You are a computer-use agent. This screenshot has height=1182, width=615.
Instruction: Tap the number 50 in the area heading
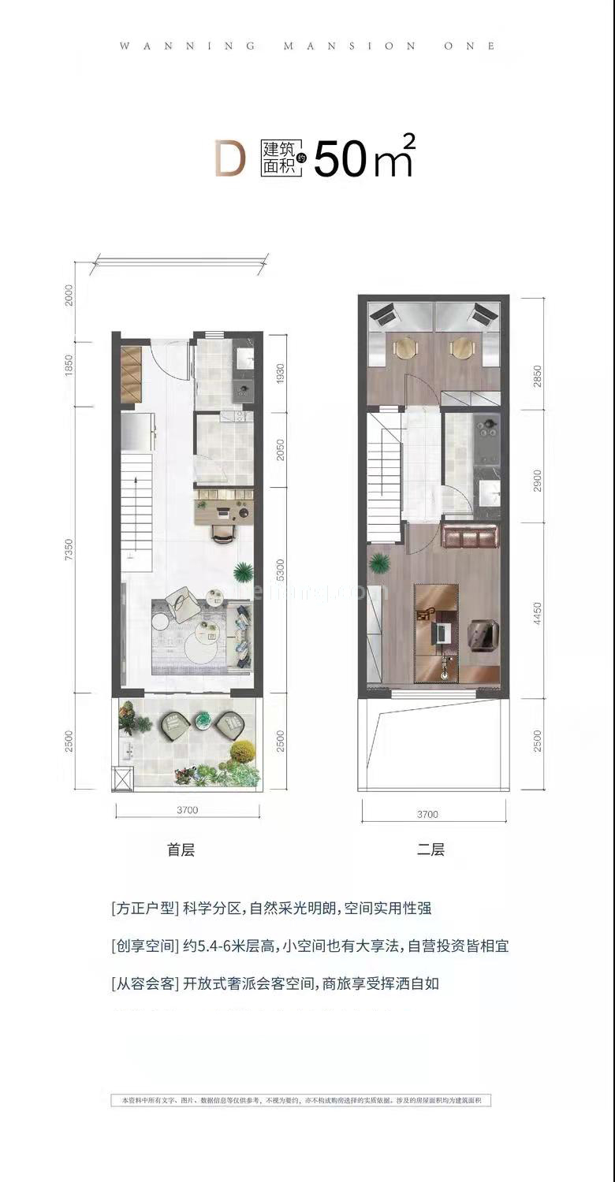click(x=341, y=160)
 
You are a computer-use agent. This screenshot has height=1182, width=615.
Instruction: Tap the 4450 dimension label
click(x=537, y=611)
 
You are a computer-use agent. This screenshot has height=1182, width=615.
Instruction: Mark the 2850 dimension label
click(x=537, y=353)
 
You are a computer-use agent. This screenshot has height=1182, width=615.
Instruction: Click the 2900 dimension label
click(x=537, y=466)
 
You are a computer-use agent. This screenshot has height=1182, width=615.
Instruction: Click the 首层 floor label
click(x=181, y=849)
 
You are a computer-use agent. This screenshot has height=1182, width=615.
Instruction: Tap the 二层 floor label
click(x=430, y=849)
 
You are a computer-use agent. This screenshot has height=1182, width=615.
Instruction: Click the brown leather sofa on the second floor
click(x=470, y=537)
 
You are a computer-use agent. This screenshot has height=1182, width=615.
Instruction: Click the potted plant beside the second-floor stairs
click(x=381, y=563)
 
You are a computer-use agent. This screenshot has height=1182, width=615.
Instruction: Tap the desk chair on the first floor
click(x=223, y=533)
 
